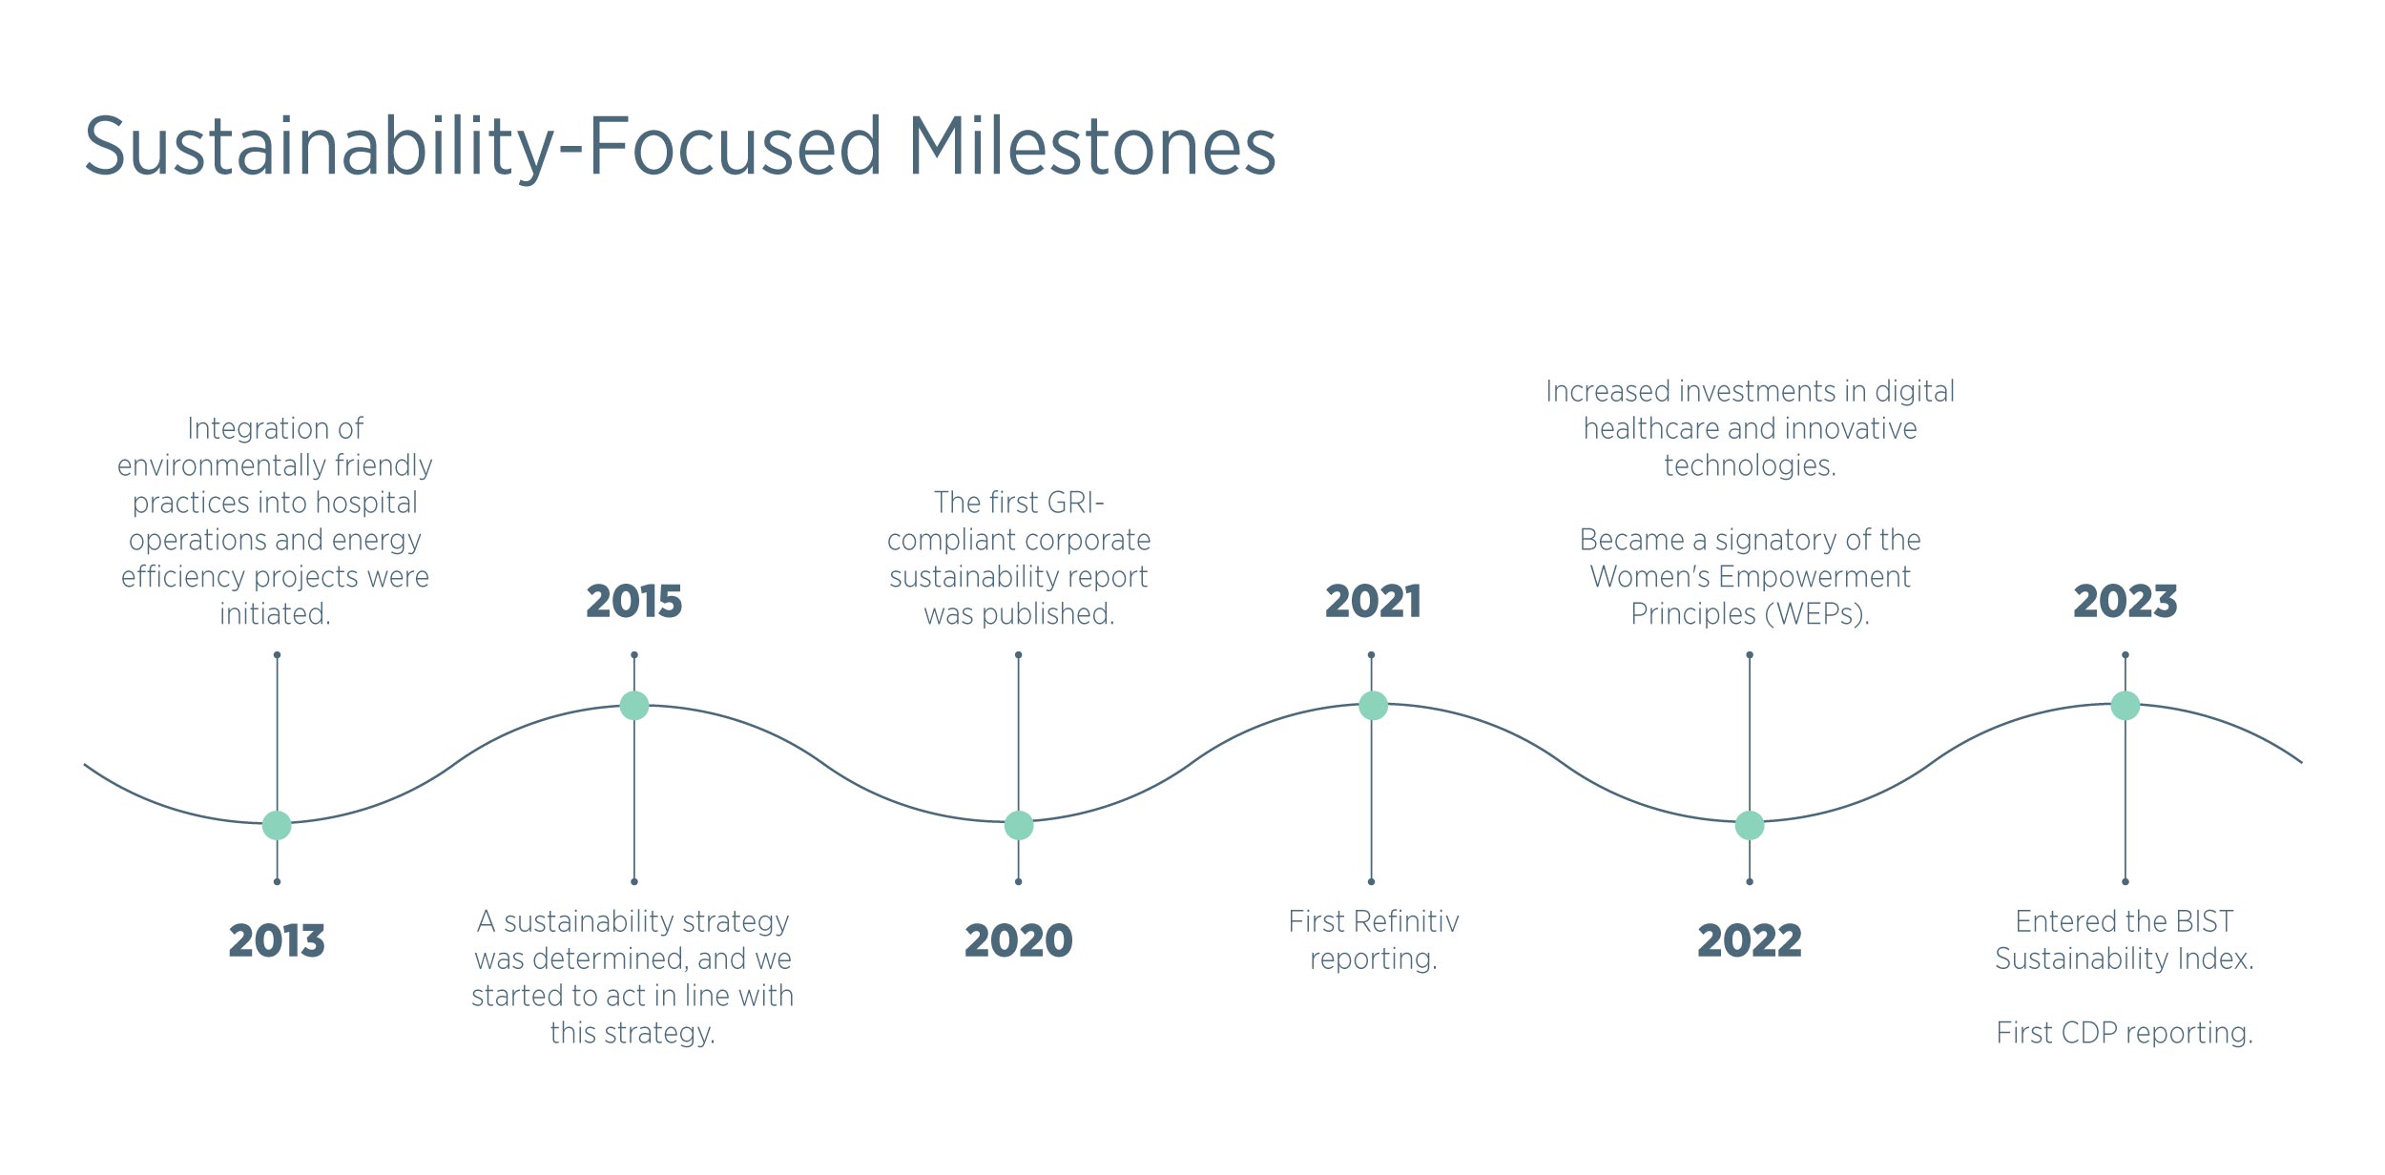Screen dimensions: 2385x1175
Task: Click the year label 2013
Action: coord(277,941)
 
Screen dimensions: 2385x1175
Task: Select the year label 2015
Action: coord(634,602)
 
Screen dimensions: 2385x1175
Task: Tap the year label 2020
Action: coord(1019,941)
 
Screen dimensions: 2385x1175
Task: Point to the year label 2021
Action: coord(1373,602)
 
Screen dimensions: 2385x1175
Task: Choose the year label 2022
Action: coord(1750,941)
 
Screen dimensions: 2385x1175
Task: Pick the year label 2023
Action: coord(2126,602)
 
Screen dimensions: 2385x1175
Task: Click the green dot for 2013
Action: coord(277,825)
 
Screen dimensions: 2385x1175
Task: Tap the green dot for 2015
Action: coord(634,706)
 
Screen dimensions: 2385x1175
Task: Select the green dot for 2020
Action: coord(1019,825)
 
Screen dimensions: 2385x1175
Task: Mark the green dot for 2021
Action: coord(1373,706)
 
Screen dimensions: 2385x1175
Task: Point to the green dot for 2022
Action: coord(1750,825)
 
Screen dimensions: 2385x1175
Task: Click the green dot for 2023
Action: coord(2126,706)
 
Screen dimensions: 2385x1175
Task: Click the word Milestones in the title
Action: coord(1092,147)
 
